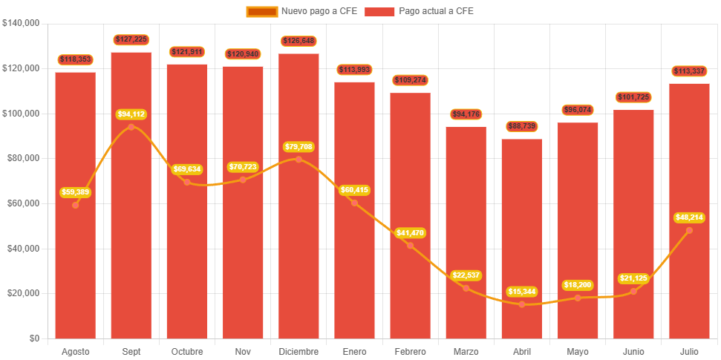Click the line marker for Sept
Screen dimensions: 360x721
tap(131, 127)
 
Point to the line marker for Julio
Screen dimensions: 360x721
tap(689, 230)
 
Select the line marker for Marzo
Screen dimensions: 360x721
tap(466, 288)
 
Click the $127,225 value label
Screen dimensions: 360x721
tap(131, 39)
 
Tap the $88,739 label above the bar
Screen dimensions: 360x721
tap(521, 126)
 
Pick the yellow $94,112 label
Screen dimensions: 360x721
tap(131, 114)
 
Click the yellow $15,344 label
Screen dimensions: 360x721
tap(521, 292)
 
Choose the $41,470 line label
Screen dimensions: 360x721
tap(410, 233)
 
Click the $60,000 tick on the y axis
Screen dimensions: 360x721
tap(23, 203)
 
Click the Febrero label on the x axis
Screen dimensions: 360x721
tap(410, 351)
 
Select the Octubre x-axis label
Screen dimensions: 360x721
tap(187, 351)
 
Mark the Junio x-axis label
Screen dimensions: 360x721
tap(633, 351)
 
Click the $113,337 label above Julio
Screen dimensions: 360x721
tap(689, 71)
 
